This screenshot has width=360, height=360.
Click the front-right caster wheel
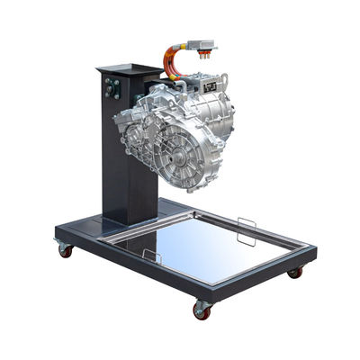click(x=202, y=310)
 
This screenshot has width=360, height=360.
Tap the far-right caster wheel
click(x=295, y=272)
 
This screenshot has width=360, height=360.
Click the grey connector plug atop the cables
click(x=203, y=44)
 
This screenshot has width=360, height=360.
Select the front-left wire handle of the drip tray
click(x=151, y=256)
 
